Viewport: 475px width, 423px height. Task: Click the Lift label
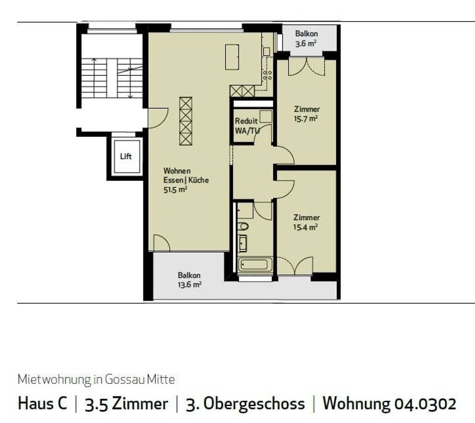126,156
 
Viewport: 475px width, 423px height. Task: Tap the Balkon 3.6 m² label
306,39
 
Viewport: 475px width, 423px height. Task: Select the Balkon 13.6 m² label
189,280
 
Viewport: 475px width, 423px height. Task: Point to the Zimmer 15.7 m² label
306,114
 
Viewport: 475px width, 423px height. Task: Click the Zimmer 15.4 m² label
306,222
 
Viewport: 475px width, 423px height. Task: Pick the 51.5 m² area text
175,190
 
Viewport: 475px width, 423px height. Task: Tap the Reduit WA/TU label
247,126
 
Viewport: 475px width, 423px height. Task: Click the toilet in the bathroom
243,227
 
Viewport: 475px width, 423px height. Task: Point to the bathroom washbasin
242,243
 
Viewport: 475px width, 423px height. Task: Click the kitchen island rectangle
232,57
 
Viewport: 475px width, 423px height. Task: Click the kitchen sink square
267,52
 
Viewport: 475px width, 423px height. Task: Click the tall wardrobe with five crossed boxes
186,121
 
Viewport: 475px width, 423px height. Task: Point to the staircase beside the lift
112,78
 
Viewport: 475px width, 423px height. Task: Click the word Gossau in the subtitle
124,379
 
